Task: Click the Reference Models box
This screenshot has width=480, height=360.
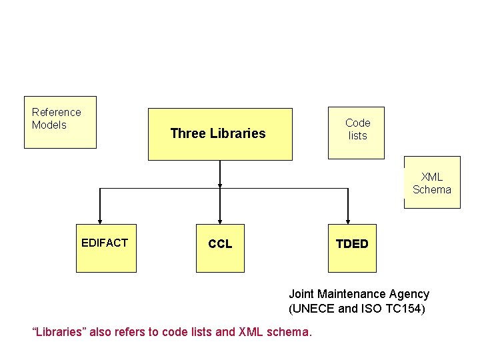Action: tap(60, 122)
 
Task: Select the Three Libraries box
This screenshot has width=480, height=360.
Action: tap(220, 134)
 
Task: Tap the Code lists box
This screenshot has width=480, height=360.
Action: tap(356, 133)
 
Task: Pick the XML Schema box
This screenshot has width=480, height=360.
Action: tap(432, 182)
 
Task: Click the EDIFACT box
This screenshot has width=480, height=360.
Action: tap(105, 248)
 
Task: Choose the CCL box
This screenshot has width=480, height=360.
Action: tap(220, 248)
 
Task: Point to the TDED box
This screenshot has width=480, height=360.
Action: tap(352, 248)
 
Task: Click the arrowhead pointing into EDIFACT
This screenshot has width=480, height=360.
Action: tap(100, 221)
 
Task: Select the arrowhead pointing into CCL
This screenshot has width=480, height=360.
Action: tap(220, 221)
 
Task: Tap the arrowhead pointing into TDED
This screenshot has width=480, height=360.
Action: tap(347, 221)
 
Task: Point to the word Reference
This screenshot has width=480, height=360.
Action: tap(56, 112)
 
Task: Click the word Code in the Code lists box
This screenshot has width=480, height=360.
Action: tap(357, 123)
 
